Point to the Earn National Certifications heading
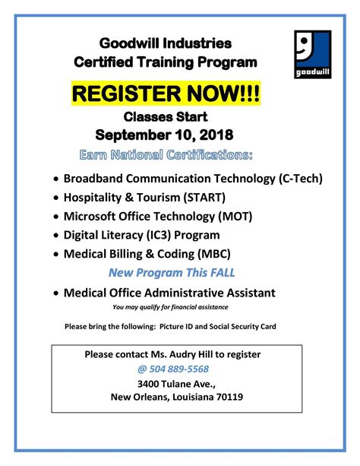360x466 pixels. point(166,155)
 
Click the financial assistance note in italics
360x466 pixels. point(169,307)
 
